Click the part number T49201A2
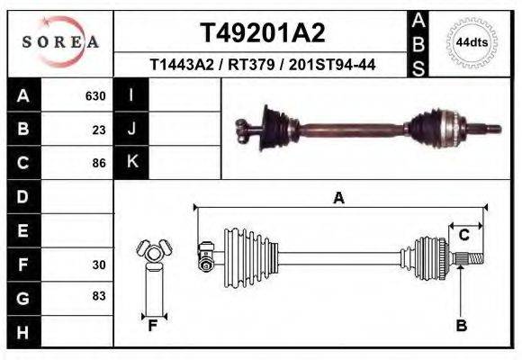click(261, 33)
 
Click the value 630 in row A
click(95, 95)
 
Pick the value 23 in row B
click(99, 129)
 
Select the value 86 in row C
click(99, 163)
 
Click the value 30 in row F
click(99, 265)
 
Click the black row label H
click(22, 332)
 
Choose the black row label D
click(22, 196)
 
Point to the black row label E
click(22, 230)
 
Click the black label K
click(131, 162)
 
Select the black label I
click(131, 94)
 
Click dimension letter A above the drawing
click(338, 198)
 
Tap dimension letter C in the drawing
click(464, 235)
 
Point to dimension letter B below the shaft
click(462, 326)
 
